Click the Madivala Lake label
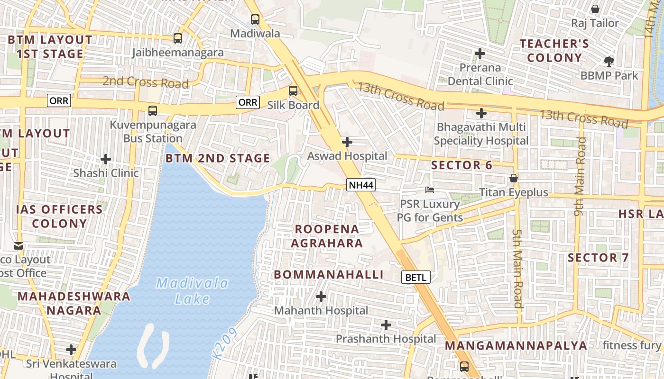tap(192, 291)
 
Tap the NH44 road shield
tap(361, 185)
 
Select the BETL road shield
tap(416, 277)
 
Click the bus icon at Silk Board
tap(293, 91)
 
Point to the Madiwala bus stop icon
tap(255, 19)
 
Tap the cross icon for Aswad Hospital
tap(347, 142)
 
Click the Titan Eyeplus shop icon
tap(513, 179)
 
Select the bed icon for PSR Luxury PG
tap(430, 190)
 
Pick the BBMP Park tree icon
tap(609, 61)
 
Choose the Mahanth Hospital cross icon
tap(321, 297)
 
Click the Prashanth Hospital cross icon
tap(386, 325)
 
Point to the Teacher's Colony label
tap(554, 51)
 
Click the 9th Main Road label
tap(580, 176)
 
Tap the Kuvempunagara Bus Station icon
tap(152, 111)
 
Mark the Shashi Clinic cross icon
tap(106, 159)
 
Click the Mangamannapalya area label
tap(516, 345)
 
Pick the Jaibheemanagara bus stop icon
tap(178, 38)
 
